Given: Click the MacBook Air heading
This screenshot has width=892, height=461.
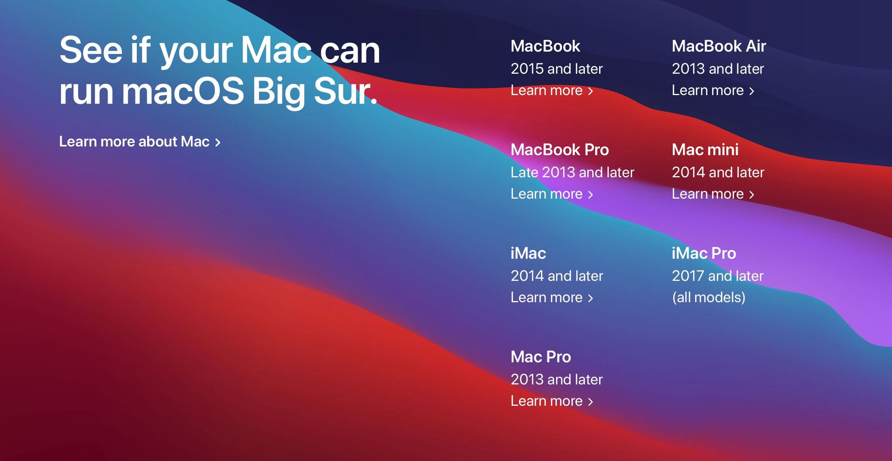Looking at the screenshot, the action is click(719, 46).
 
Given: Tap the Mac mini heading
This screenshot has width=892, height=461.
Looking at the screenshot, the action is click(705, 150).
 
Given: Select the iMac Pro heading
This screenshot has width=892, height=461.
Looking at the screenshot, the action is click(704, 253).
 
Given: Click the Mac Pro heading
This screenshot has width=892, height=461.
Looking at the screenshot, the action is click(541, 357).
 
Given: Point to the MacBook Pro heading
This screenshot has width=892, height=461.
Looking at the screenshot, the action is click(560, 150).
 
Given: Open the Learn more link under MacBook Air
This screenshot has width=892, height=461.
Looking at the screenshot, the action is click(713, 91).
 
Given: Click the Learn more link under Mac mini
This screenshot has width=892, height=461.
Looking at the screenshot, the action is click(713, 194).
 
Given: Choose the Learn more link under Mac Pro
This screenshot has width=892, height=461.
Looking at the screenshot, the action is click(552, 401).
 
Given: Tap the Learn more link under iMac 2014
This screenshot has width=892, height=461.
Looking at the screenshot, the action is click(552, 298).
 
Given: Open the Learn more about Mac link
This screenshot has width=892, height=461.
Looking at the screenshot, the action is click(140, 142).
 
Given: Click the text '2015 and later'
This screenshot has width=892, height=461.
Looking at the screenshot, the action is click(557, 69).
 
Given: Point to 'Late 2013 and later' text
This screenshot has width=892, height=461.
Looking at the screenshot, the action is click(572, 172).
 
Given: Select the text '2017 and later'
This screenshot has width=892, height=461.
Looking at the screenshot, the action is click(718, 276).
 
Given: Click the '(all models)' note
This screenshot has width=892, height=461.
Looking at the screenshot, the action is click(709, 298).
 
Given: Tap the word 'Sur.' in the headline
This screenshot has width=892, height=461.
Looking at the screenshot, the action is click(346, 91).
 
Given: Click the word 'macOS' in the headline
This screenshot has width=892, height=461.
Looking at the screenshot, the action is click(183, 91).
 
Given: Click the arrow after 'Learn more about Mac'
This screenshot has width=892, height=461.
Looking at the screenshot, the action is click(218, 142).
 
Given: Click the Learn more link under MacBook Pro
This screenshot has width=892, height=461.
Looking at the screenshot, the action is click(552, 194).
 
